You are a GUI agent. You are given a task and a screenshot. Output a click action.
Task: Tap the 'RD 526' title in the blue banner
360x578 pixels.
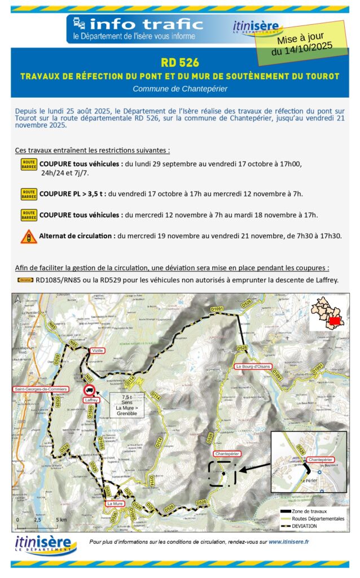point(180,63)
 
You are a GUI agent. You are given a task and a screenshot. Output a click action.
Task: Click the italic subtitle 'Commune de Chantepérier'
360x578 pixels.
point(180,89)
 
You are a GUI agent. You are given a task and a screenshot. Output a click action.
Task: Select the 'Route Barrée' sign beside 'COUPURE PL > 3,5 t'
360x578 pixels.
point(29,194)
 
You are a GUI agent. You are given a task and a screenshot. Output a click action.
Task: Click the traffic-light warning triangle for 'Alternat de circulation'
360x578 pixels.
point(29,236)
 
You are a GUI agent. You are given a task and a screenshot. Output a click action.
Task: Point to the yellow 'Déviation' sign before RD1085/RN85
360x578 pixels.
point(25,279)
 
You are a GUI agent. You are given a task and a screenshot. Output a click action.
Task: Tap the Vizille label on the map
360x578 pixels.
point(96,351)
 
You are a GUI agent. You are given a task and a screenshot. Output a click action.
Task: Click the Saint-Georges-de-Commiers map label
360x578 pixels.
point(41,389)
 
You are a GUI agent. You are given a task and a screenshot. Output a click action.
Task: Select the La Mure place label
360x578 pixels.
point(115,503)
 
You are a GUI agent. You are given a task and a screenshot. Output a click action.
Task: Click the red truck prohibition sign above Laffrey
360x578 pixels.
point(89,390)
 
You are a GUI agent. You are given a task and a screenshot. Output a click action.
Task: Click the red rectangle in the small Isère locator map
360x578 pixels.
point(333,321)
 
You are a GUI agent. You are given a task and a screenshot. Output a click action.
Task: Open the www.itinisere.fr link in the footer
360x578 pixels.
point(288,542)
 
